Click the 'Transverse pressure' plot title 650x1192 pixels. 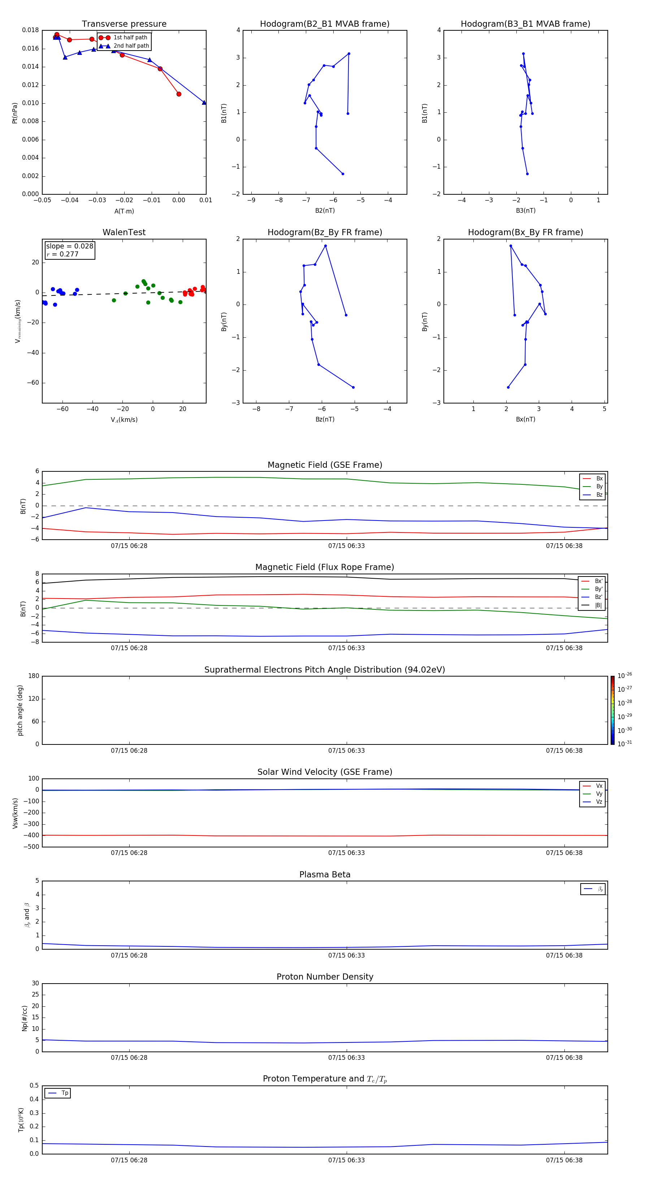click(x=124, y=24)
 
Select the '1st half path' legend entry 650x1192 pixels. click(x=130, y=38)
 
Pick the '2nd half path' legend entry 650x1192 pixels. click(x=131, y=46)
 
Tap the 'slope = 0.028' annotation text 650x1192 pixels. click(x=69, y=246)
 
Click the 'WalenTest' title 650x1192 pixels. click(x=124, y=232)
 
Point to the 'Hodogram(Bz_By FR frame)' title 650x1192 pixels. click(x=325, y=232)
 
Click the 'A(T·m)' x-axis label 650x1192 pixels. click(x=124, y=211)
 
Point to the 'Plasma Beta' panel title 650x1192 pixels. click(x=325, y=874)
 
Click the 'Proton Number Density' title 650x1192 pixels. click(x=325, y=977)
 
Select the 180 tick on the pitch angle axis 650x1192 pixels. click(x=34, y=676)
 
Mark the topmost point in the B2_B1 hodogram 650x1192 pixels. click(x=349, y=54)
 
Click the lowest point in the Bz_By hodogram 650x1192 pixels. click(x=353, y=387)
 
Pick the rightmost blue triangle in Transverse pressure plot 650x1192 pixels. click(x=204, y=102)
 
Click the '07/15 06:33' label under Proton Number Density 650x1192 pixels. click(x=347, y=1057)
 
